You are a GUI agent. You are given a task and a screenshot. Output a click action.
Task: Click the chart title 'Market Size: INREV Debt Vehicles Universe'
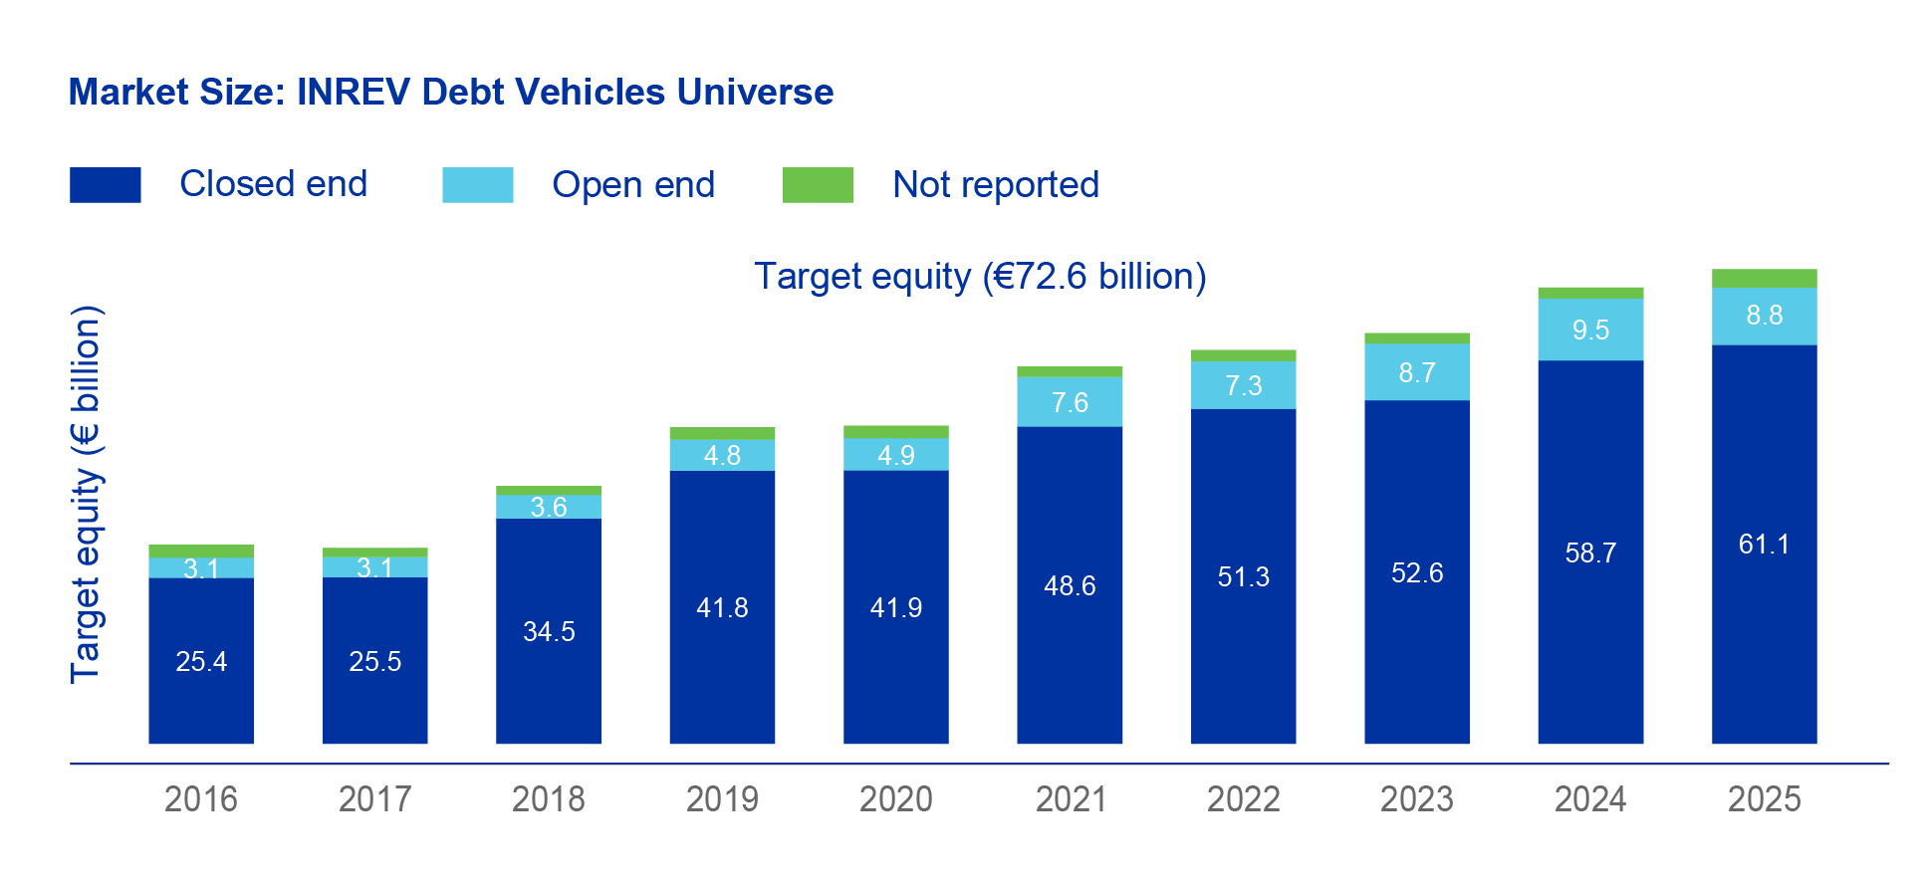pyautogui.click(x=450, y=92)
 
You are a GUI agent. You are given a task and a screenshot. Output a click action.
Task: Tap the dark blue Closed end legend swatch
pyautogui.click(x=105, y=185)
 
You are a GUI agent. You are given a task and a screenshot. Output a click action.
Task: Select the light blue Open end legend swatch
pyautogui.click(x=477, y=185)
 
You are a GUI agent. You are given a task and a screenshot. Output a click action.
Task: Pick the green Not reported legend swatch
pyautogui.click(x=818, y=185)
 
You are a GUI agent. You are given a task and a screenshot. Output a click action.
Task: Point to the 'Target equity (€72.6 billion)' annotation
pyautogui.click(x=980, y=277)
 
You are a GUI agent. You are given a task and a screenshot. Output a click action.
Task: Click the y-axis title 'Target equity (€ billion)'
pyautogui.click(x=87, y=495)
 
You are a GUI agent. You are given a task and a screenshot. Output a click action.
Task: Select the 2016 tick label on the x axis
pyautogui.click(x=200, y=799)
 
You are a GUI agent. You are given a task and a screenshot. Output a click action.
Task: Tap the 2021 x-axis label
pyautogui.click(x=1070, y=799)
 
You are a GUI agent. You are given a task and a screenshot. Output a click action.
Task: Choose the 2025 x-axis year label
pyautogui.click(x=1764, y=799)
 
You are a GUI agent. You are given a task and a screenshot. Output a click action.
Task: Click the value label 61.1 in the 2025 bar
pyautogui.click(x=1764, y=545)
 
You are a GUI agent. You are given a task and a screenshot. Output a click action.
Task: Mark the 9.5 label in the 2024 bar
pyautogui.click(x=1590, y=331)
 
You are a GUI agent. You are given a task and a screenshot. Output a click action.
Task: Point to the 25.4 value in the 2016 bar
pyautogui.click(x=200, y=662)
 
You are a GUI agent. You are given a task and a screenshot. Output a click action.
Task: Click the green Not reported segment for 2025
pyautogui.click(x=1764, y=279)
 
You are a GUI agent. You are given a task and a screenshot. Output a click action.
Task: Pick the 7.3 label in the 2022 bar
pyautogui.click(x=1243, y=386)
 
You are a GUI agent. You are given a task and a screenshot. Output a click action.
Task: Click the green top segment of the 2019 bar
pyautogui.click(x=722, y=433)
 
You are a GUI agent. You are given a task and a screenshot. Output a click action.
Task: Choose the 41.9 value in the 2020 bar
pyautogui.click(x=895, y=608)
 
